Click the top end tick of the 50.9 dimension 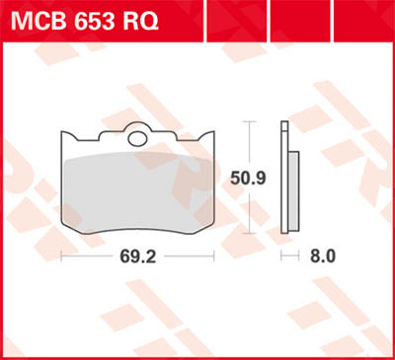point(250,122)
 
